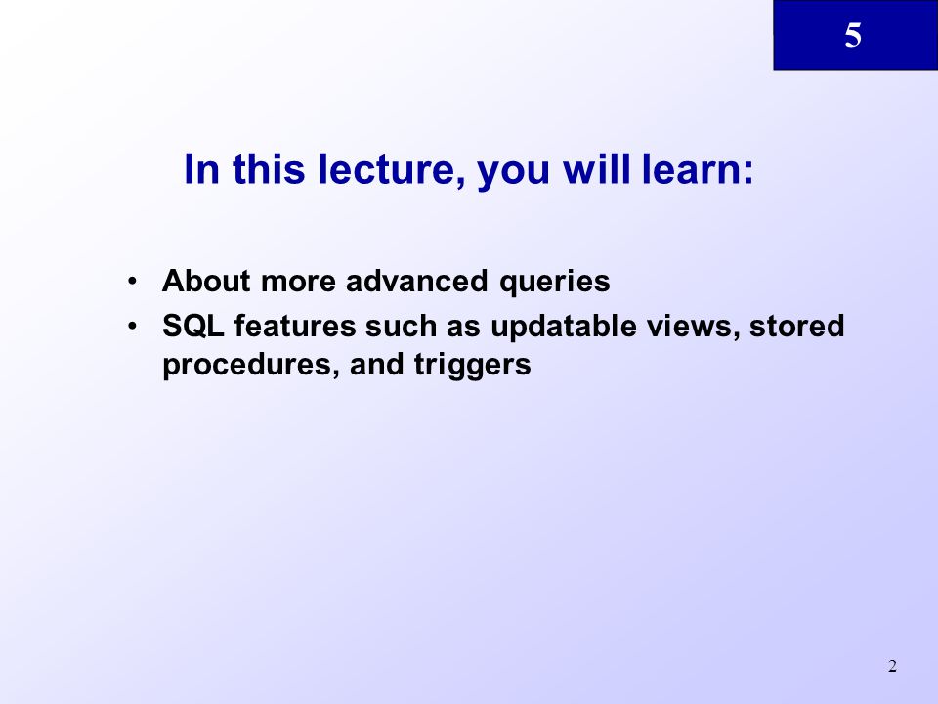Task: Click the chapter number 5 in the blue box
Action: pyautogui.click(x=853, y=35)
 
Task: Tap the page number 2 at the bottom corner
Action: pyautogui.click(x=892, y=666)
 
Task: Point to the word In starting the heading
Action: pyautogui.click(x=201, y=169)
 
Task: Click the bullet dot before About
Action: pyautogui.click(x=132, y=281)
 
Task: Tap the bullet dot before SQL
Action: pyautogui.click(x=132, y=327)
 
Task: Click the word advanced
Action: pyautogui.click(x=417, y=281)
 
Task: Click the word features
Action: pyautogui.click(x=295, y=327)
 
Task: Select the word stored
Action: pyautogui.click(x=797, y=327)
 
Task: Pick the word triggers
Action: pyautogui.click(x=473, y=365)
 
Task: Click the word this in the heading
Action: pyautogui.click(x=269, y=169)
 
